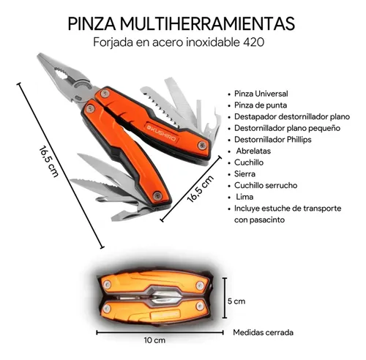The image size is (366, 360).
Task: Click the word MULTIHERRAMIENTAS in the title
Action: tap(207, 24)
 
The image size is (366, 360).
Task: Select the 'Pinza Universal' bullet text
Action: tap(261, 94)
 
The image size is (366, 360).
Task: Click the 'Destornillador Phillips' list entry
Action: tap(273, 140)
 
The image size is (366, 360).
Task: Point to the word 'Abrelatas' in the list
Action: tap(253, 151)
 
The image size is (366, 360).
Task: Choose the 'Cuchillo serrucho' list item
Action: tap(266, 185)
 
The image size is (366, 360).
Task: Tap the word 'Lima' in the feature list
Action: tap(244, 197)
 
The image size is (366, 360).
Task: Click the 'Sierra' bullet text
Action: tap(244, 174)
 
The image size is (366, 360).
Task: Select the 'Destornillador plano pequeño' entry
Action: tap(287, 128)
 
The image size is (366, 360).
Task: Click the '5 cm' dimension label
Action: tap(236, 301)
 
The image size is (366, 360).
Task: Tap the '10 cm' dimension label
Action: tap(154, 340)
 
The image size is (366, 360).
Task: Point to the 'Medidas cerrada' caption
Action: tap(263, 332)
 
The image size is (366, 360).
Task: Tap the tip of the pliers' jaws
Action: tap(39, 55)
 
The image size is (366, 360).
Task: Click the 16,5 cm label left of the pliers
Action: tap(48, 162)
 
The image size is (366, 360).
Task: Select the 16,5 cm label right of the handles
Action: tap(201, 189)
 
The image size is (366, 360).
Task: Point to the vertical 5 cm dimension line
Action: tap(225, 298)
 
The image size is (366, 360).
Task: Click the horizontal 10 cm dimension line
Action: tap(160, 332)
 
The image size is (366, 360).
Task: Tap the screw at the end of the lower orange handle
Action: tap(157, 196)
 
